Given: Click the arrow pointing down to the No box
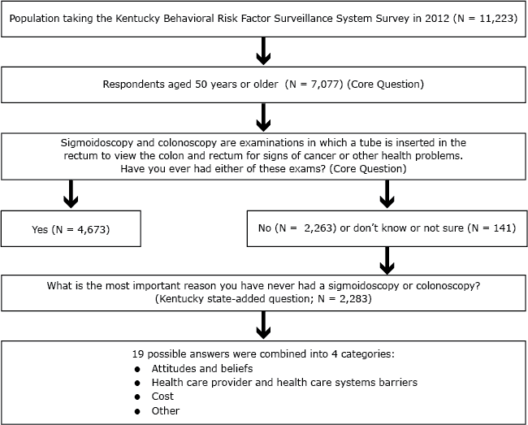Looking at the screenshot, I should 387,196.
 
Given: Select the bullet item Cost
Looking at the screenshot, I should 162,397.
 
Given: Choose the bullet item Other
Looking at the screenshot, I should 165,410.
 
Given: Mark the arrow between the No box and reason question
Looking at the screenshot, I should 387,261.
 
